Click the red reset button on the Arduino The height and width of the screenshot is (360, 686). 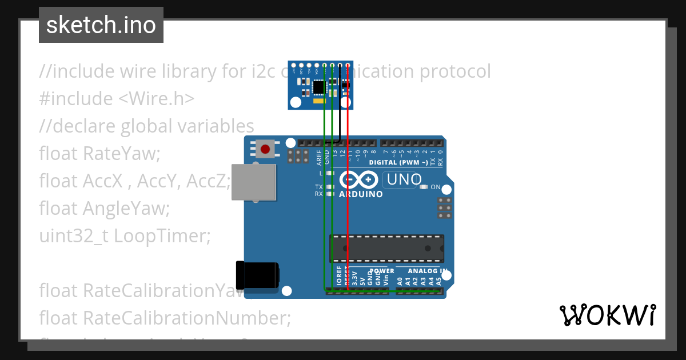pos(265,150)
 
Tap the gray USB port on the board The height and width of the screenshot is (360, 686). pos(254,182)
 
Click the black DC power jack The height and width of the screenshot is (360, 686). pos(257,275)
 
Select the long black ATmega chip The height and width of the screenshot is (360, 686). pos(386,247)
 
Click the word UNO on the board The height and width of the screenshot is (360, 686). pos(404,179)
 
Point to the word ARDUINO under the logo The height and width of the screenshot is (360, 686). pos(361,194)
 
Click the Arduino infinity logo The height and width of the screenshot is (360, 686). pos(358,180)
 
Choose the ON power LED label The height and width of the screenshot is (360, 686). pos(435,187)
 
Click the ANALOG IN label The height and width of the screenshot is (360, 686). pos(427,271)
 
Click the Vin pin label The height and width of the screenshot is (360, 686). pos(386,281)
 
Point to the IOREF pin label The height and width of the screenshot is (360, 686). pos(339,276)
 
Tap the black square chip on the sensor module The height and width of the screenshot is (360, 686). pos(318,87)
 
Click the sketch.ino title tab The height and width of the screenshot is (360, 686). pos(101,25)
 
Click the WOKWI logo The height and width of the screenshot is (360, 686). pos(607,315)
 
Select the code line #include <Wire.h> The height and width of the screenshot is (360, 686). pos(117,99)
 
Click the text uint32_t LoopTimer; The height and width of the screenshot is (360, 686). pos(125,235)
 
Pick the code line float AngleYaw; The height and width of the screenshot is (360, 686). pos(105,208)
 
